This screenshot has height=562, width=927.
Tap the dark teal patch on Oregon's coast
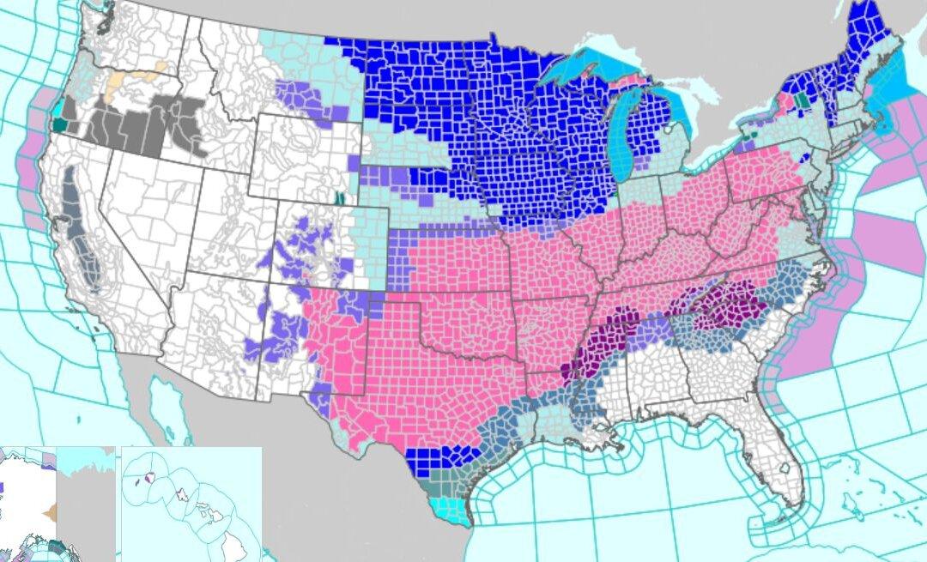(x=59, y=126)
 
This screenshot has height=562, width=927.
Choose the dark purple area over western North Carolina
(x=725, y=309)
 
